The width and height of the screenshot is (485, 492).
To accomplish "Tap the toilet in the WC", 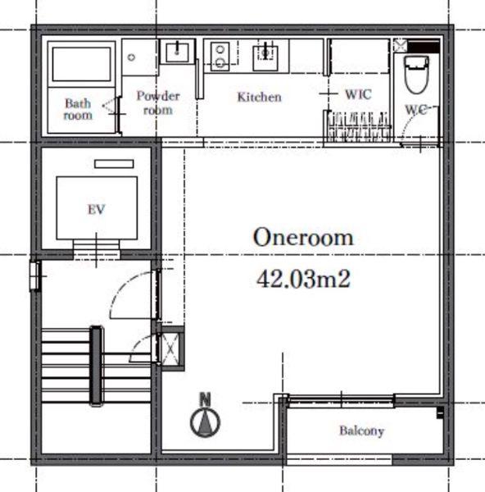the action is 417,75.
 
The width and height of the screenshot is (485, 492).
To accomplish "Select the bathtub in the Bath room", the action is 81,64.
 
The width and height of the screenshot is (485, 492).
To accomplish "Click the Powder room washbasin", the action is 177,52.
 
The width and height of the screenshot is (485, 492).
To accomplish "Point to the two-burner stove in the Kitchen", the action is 220,57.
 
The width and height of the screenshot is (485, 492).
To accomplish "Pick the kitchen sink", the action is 265,57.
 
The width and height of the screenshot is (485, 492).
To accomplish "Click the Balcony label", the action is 362,430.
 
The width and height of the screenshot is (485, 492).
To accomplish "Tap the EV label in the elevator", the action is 96,209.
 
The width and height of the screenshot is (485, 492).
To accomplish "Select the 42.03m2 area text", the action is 303,280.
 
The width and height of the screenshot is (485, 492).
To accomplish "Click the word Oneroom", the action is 303,237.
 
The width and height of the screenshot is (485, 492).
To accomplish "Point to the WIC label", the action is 358,94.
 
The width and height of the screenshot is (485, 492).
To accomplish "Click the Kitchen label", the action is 259,97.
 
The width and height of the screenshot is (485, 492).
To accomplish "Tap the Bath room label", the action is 78,109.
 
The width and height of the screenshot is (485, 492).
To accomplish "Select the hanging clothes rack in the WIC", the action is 360,127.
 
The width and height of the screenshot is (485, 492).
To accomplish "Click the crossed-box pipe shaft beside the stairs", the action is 170,348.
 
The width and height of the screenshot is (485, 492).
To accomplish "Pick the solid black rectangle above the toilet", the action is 424,46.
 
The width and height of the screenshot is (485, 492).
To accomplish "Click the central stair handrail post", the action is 96,366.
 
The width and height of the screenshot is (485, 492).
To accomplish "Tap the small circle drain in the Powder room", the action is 132,57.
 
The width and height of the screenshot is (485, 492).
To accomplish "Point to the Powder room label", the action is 158,102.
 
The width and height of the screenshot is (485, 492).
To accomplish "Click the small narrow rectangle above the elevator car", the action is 114,164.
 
